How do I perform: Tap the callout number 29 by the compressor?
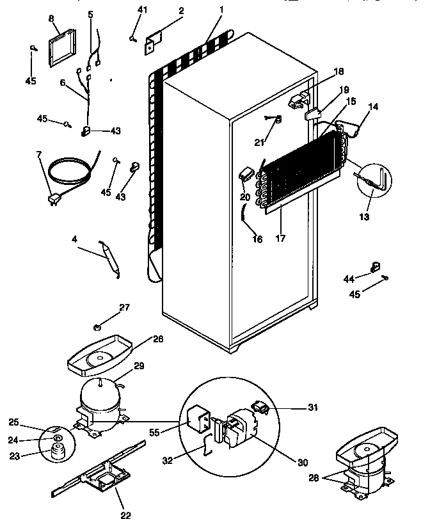[138, 367]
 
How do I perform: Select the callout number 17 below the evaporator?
[280, 238]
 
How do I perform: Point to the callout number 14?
[373, 106]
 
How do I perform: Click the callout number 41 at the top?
[142, 10]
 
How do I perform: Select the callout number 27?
[124, 308]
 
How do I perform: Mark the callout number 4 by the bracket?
[75, 240]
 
